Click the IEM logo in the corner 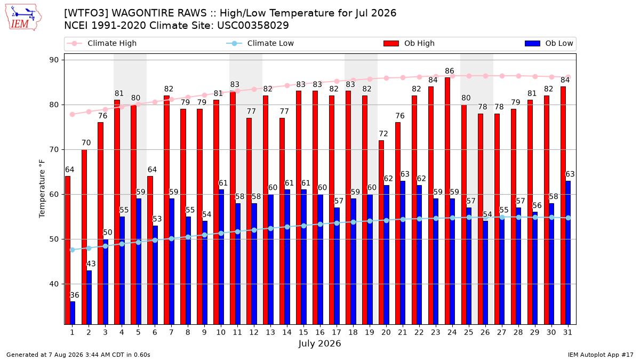tap(23, 18)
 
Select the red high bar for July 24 tap(447, 201)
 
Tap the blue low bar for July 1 tap(73, 313)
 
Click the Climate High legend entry tap(101, 43)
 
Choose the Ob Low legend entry tap(549, 43)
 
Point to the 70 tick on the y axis tap(54, 150)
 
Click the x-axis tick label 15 tap(303, 332)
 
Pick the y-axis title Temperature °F tap(42, 189)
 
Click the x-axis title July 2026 tap(319, 343)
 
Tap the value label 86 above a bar tap(450, 71)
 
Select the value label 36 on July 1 tap(75, 295)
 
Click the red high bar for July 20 tap(381, 233)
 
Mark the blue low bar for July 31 tap(568, 253)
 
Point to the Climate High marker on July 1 tap(73, 115)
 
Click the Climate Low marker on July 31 tap(568, 218)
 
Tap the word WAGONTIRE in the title tap(159, 13)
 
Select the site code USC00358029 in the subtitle tap(253, 26)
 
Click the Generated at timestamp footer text tap(78, 355)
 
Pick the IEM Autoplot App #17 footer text tap(601, 355)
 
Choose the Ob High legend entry tap(409, 43)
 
